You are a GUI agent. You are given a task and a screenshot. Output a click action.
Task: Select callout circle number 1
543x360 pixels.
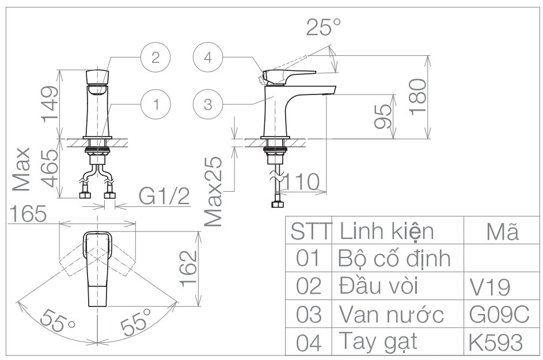click(155, 104)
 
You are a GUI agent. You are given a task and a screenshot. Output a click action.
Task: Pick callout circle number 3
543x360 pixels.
click(208, 104)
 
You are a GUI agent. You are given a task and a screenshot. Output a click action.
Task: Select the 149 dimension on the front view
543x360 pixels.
click(50, 104)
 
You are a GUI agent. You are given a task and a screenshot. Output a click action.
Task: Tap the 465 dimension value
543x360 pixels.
click(50, 168)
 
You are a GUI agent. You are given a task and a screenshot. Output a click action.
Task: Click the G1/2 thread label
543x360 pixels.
click(165, 198)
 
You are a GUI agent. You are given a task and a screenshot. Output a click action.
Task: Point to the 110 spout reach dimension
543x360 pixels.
click(300, 182)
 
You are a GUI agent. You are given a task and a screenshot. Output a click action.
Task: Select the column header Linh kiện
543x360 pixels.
click(386, 231)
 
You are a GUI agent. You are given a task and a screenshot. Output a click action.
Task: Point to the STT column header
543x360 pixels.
click(311, 231)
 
